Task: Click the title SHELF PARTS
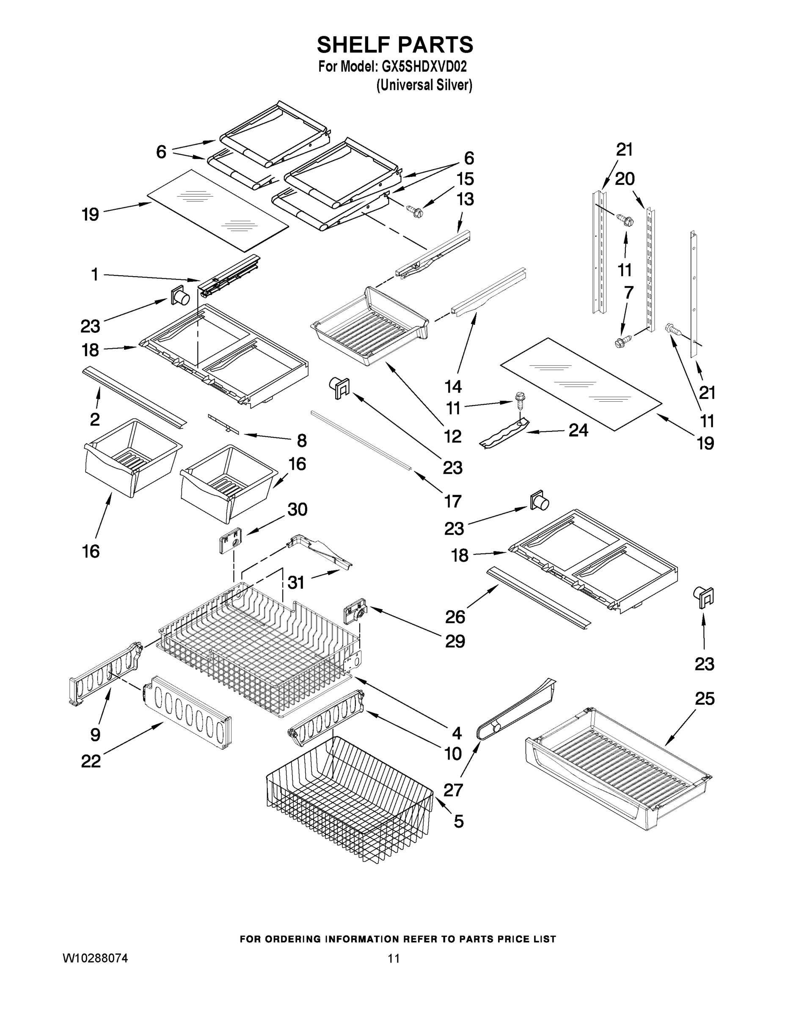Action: point(395,45)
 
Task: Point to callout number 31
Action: point(296,582)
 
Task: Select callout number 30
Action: point(297,509)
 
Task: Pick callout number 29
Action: point(454,641)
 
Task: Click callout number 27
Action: point(453,790)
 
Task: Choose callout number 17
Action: point(452,501)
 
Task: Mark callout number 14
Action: point(452,386)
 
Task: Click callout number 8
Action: point(302,440)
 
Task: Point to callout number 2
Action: point(94,419)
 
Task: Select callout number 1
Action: point(94,274)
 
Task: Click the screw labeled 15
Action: point(414,212)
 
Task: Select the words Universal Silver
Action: point(424,85)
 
